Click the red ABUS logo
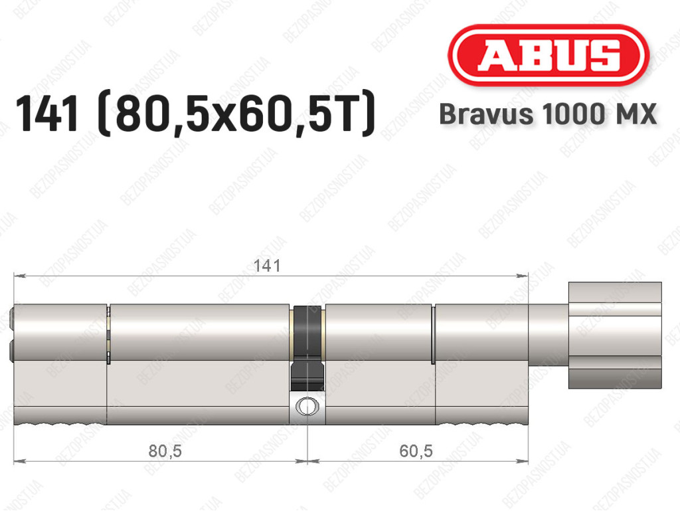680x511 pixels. click(x=549, y=55)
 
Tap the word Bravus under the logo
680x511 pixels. click(x=486, y=114)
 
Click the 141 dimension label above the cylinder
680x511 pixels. click(x=267, y=266)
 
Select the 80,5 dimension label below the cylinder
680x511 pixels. click(x=165, y=451)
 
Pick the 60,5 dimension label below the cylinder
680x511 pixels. click(x=416, y=451)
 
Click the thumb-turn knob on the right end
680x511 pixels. click(x=615, y=336)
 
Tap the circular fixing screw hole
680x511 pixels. click(x=307, y=407)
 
